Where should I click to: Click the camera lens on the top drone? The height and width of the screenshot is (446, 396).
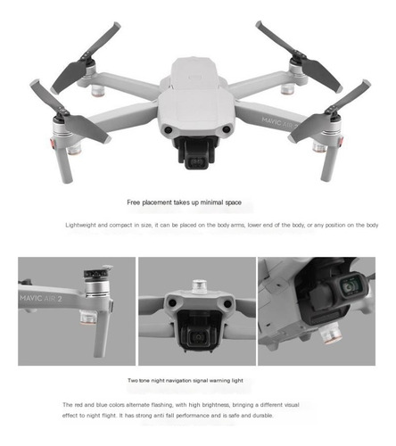[197, 162]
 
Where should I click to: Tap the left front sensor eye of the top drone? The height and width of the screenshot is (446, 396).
[169, 129]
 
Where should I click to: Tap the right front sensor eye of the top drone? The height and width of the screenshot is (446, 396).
[227, 129]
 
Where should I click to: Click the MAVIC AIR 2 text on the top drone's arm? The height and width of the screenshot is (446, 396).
[279, 122]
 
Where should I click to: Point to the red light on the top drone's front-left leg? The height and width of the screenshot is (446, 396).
[53, 144]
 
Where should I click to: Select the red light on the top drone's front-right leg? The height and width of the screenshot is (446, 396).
[341, 142]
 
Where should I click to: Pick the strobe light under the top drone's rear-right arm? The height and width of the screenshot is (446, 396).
[287, 88]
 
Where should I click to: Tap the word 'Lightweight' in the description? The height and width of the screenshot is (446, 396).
[80, 225]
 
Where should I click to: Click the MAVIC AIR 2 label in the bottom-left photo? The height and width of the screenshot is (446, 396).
[41, 298]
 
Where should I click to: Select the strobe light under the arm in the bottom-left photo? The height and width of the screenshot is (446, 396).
[87, 317]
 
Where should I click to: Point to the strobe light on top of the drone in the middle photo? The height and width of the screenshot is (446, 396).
[200, 286]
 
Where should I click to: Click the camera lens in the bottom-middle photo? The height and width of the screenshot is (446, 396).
[197, 337]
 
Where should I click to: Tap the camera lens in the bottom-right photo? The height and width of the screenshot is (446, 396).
[349, 287]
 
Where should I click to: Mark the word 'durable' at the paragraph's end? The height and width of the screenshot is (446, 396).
[263, 416]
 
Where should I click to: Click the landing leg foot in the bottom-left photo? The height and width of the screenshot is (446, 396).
[99, 352]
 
